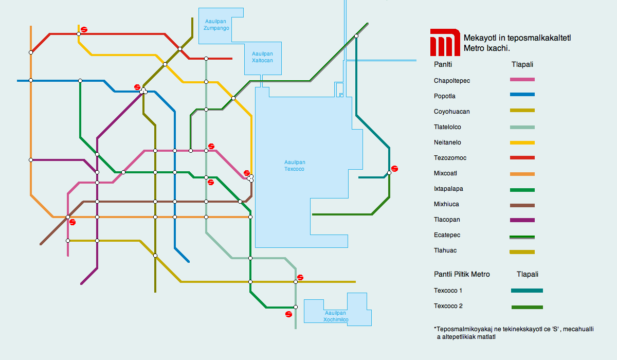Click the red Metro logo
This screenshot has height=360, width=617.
tap(445, 42)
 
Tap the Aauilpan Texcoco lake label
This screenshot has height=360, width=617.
tap(295, 166)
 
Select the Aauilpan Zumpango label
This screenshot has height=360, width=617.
tap(216, 25)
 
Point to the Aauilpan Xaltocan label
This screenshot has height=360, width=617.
tap(262, 57)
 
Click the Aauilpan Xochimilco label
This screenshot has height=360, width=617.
tap(335, 316)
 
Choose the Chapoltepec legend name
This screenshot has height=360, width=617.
tap(452, 81)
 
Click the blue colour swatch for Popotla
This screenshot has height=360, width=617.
tap(522, 95)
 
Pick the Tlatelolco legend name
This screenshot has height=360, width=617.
tap(447, 127)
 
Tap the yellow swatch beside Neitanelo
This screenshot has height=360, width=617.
tap(522, 142)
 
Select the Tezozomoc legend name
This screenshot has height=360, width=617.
tap(450, 158)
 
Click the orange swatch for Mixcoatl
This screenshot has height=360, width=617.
tap(522, 174)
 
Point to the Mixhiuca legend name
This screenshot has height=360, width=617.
tap(446, 204)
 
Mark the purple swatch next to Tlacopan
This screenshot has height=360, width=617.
tap(522, 220)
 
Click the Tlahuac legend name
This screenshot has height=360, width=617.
tap(445, 250)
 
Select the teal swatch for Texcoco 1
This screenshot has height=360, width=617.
tap(527, 291)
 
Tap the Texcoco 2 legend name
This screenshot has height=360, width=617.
tap(448, 306)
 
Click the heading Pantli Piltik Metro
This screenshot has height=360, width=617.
tap(462, 274)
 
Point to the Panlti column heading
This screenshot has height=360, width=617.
tap(443, 64)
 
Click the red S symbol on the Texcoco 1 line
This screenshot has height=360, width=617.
tap(394, 169)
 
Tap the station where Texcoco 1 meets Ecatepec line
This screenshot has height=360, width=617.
tap(356, 36)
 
